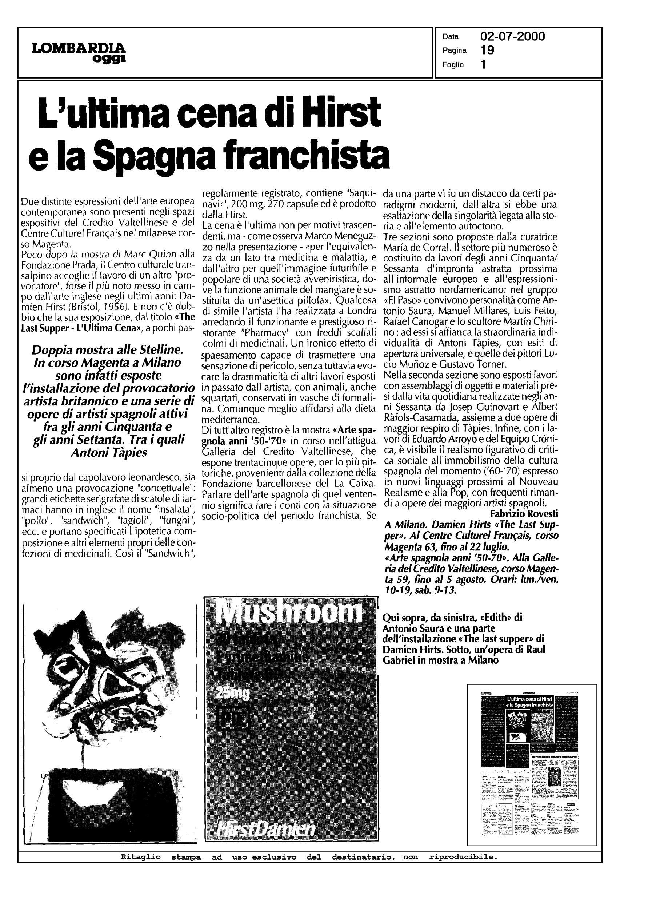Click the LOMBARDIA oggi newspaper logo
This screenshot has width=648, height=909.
tap(79, 52)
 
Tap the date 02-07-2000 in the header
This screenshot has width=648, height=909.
tap(512, 37)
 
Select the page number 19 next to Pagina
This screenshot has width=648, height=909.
tap(487, 50)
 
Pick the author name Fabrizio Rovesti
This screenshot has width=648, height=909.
tap(524, 513)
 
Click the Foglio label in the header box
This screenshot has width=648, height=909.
tap(453, 65)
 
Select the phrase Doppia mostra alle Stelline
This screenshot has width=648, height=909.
tap(108, 351)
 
